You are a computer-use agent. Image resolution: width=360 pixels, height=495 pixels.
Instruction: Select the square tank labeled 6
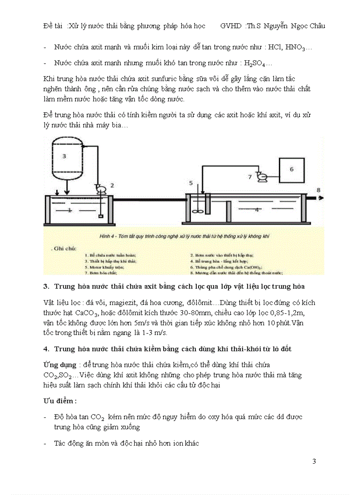click(291, 169)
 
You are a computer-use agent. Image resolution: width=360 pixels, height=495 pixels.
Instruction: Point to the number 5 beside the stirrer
click(191, 182)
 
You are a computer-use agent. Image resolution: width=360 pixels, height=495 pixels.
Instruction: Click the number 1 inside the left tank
click(69, 211)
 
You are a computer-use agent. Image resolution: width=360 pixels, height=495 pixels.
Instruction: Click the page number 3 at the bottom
click(314, 462)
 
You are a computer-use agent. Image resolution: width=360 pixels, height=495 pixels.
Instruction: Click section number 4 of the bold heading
click(46, 349)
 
